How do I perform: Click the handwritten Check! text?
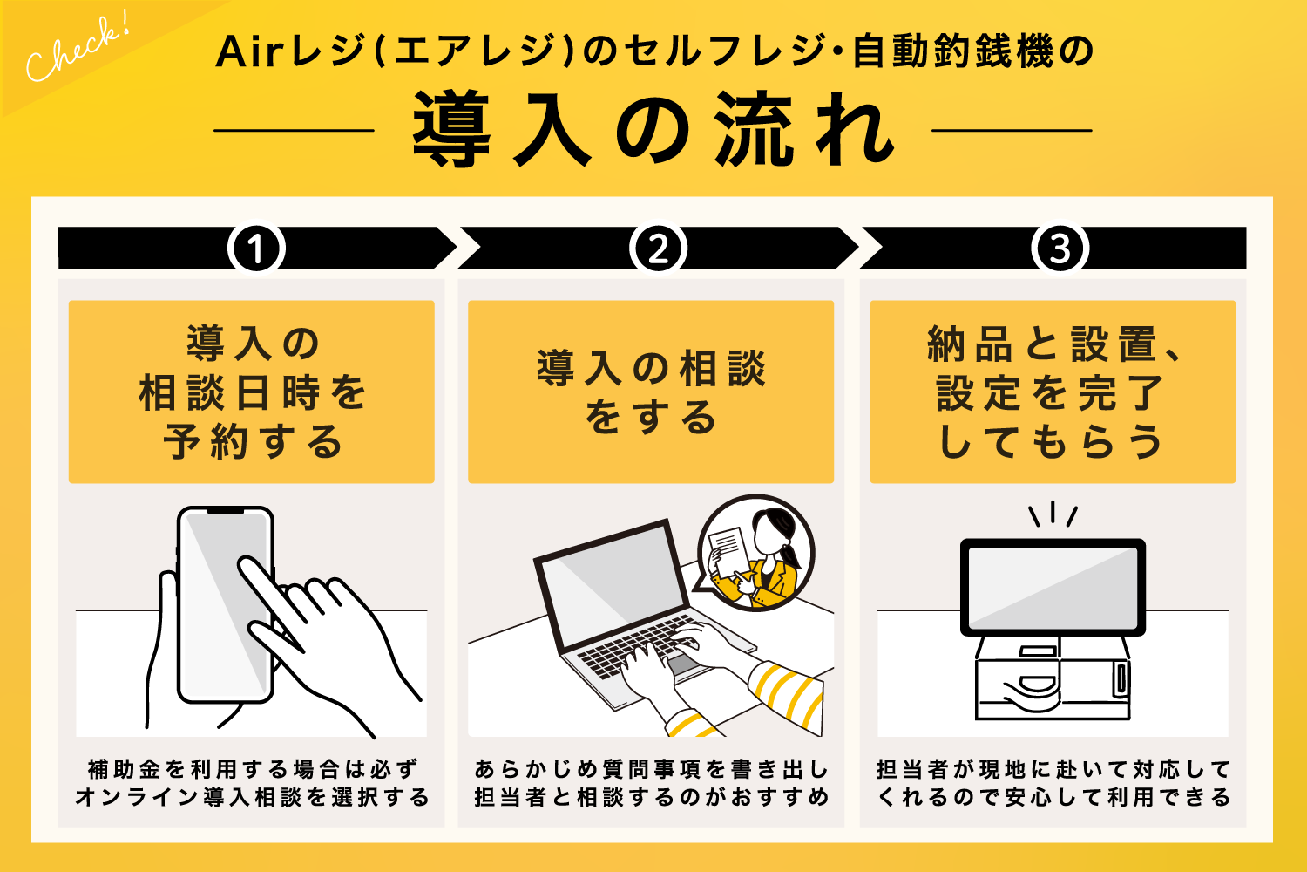click(x=76, y=51)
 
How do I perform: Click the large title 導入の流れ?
click(x=653, y=131)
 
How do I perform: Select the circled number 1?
click(x=256, y=249)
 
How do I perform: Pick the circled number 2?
click(x=658, y=249)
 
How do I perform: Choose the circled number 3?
click(x=1060, y=249)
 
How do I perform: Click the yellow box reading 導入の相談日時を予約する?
click(x=252, y=392)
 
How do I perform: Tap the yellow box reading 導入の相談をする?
click(x=651, y=392)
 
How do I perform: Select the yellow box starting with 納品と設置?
click(x=1053, y=392)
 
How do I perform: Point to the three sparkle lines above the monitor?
click(x=1053, y=514)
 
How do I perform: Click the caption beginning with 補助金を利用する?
click(x=252, y=783)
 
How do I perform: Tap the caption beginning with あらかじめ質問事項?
click(x=651, y=783)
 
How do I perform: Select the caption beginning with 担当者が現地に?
click(x=1053, y=783)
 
